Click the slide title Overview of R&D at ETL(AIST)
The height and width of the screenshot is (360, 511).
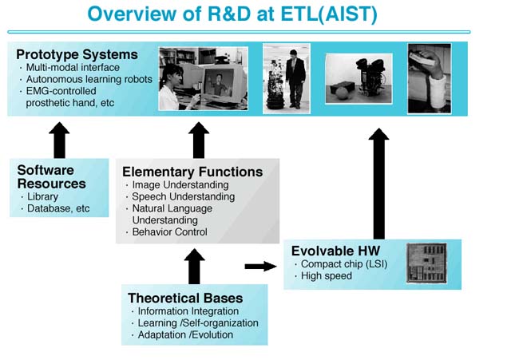(232, 14)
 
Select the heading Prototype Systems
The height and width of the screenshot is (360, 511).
(77, 54)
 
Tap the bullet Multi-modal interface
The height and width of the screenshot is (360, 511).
(73, 67)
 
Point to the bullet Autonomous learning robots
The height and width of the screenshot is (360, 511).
(89, 79)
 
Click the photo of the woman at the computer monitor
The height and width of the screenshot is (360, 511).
(203, 78)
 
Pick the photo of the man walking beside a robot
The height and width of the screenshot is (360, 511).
(287, 79)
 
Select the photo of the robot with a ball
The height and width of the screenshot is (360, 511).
(358, 79)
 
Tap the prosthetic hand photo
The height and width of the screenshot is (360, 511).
(430, 79)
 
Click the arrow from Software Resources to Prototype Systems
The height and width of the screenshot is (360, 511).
(59, 140)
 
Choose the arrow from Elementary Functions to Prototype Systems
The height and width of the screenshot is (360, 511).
(199, 140)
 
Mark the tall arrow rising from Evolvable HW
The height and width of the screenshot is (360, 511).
(378, 184)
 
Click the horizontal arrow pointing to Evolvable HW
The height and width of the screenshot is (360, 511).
(260, 266)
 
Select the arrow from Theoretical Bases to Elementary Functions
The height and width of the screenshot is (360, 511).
(194, 267)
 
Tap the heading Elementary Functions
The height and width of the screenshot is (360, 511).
(192, 172)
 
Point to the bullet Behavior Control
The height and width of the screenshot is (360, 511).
(169, 232)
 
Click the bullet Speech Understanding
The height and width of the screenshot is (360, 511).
(183, 197)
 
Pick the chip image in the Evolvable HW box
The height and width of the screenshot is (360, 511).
(426, 263)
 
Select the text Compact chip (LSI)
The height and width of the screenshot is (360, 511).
(344, 264)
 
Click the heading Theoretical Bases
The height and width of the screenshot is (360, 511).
(185, 298)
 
